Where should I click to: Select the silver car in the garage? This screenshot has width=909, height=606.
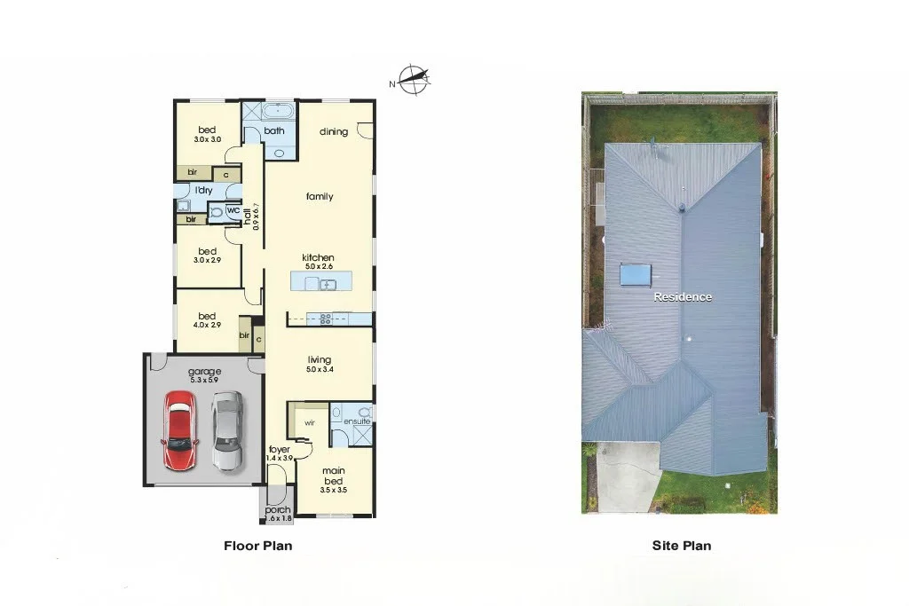coord(227,432)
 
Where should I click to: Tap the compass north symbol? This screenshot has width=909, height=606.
coord(412,80)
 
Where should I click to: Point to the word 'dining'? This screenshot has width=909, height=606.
coord(334,132)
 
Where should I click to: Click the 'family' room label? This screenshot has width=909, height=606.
coord(320,196)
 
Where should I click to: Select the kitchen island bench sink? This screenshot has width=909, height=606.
coord(327,284)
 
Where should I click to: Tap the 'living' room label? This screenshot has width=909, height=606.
coord(320,359)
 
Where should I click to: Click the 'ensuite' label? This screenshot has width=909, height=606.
coord(357,421)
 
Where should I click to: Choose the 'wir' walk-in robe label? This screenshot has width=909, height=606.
coord(309,423)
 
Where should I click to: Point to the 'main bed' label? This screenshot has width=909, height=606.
coord(334,476)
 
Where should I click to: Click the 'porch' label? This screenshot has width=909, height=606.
coord(277,510)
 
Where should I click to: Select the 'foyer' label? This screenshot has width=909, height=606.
coord(280,450)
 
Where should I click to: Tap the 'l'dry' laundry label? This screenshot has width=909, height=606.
coord(203,190)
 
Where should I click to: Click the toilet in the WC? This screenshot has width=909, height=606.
coord(215,212)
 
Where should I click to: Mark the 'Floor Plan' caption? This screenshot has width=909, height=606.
coord(257,547)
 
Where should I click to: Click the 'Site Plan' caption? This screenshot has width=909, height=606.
coord(681,547)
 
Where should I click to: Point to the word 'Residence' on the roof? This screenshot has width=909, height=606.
coord(683,297)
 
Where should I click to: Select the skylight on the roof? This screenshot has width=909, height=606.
coord(635,274)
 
